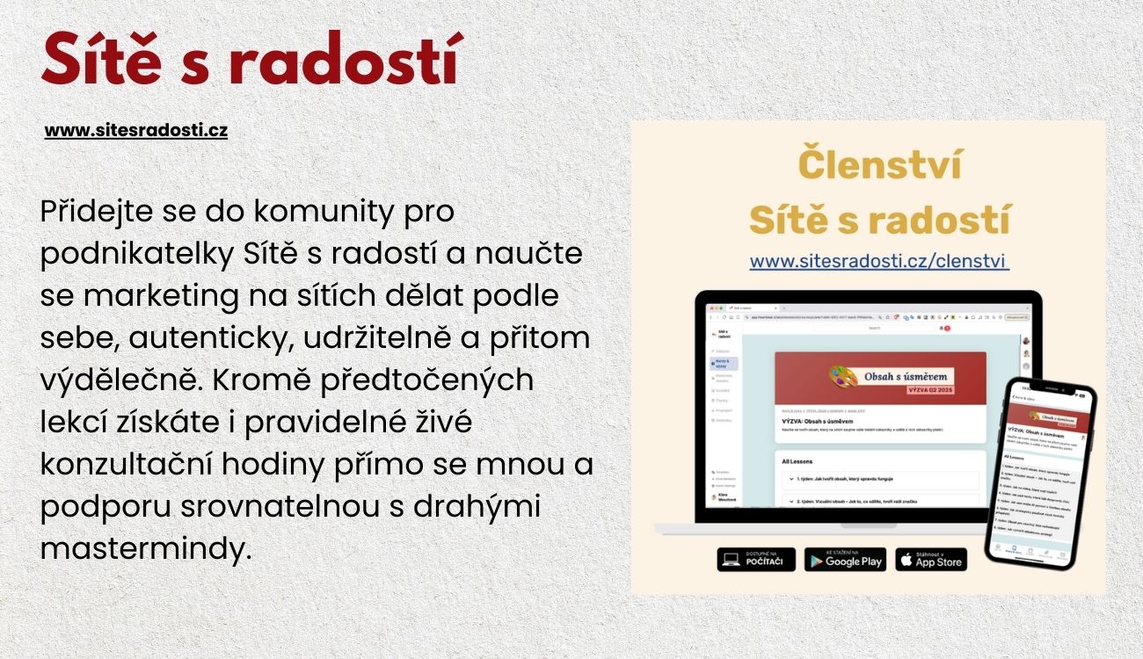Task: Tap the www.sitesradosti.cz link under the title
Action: pyautogui.click(x=136, y=131)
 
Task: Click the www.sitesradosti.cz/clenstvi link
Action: pyautogui.click(x=879, y=261)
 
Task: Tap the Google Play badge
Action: pyautogui.click(x=845, y=560)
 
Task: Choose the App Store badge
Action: pyautogui.click(x=931, y=560)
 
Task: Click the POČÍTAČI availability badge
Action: pyautogui.click(x=756, y=560)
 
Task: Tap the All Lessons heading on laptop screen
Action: pyautogui.click(x=797, y=460)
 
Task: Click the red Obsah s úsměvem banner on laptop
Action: pyautogui.click(x=880, y=379)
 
